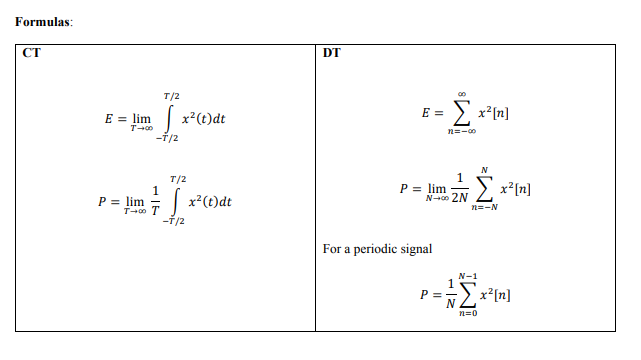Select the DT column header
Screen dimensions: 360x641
coord(332,53)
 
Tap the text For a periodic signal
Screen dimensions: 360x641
coord(377,249)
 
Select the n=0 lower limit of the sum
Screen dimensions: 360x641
coord(467,314)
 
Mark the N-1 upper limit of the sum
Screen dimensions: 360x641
coord(467,274)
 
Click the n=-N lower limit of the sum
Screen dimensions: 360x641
coord(486,207)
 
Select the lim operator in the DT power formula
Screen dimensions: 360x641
coord(437,187)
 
